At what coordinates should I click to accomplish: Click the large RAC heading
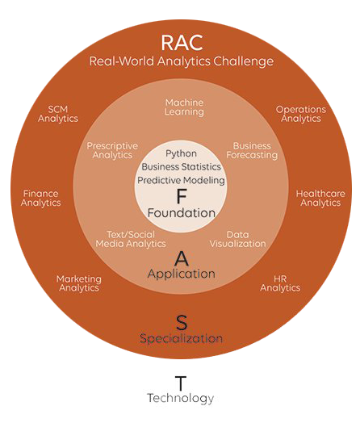point(182,43)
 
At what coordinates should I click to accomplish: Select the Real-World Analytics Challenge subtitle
point(182,61)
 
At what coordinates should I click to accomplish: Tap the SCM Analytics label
point(58,114)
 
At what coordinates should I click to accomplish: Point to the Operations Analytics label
point(301,114)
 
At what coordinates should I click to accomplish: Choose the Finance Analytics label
point(40,199)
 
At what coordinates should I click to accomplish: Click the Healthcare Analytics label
point(320,199)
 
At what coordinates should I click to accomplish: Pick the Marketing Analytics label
point(79,283)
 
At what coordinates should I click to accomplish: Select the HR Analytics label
point(280,283)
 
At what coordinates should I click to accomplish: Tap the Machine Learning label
point(184,107)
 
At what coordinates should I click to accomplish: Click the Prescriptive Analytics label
point(112,150)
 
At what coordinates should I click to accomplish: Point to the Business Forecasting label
point(252,150)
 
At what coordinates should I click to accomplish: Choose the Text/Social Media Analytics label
point(131,239)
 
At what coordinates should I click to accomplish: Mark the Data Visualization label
point(238,239)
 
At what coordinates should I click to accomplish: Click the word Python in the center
point(181,153)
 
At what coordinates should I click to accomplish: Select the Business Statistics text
point(181,166)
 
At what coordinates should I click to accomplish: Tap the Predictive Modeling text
point(181,180)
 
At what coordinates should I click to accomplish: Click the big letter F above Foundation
point(182,196)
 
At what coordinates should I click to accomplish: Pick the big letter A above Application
point(182,258)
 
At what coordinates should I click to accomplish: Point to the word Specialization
point(181,339)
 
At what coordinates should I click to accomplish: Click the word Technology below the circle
point(181,398)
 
